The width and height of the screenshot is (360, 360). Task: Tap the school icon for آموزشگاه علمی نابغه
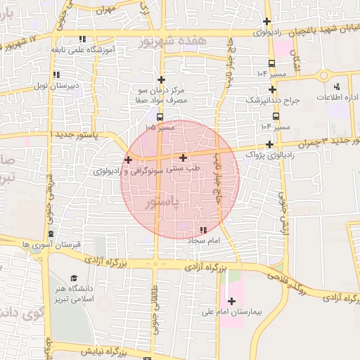82,39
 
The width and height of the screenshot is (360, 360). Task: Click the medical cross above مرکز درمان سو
161,80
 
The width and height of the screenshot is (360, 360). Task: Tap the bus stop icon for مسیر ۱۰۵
160,117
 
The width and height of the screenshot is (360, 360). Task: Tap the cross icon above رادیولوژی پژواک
269,144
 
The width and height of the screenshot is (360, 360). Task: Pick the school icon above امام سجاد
203,230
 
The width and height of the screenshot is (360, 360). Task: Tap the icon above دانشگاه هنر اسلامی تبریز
73,278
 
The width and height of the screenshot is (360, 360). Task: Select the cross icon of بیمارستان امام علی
231,301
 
